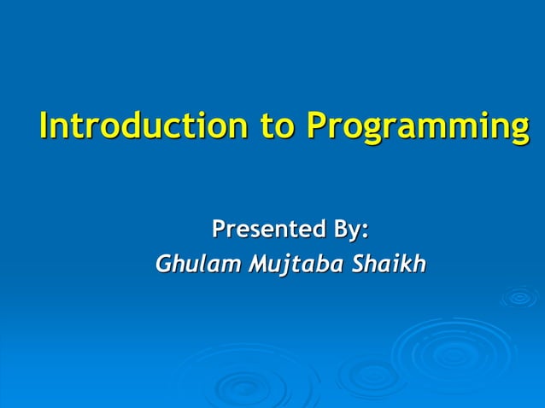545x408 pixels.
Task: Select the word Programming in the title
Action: point(417,127)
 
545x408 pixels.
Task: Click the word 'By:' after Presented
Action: point(348,230)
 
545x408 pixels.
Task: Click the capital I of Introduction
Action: point(44,125)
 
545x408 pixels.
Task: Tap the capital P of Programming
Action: point(316,125)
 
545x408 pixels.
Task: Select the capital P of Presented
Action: point(219,229)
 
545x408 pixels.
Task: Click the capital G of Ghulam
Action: point(163,265)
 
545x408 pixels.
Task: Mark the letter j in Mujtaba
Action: point(290,266)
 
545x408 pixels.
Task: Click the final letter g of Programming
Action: point(518,130)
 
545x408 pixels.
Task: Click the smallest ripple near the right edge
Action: point(519,297)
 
